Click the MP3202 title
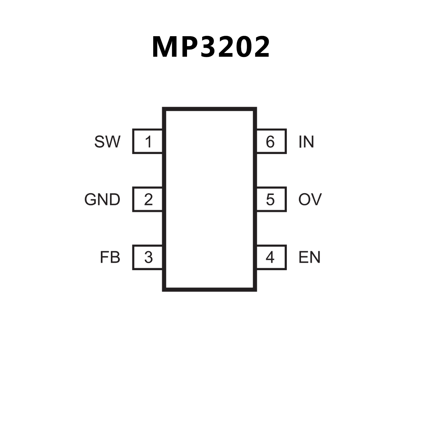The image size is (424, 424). [211, 47]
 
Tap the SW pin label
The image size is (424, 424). [107, 142]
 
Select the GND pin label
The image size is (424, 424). [102, 199]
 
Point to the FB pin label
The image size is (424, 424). [110, 257]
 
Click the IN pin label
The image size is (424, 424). [306, 142]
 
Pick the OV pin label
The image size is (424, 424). [310, 199]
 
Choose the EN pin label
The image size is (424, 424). [309, 257]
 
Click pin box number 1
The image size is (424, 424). [148, 141]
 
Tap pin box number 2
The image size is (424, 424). [148, 199]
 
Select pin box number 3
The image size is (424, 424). [148, 257]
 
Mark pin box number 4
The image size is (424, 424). [271, 257]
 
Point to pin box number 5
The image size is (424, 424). [271, 199]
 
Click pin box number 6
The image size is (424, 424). [271, 141]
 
